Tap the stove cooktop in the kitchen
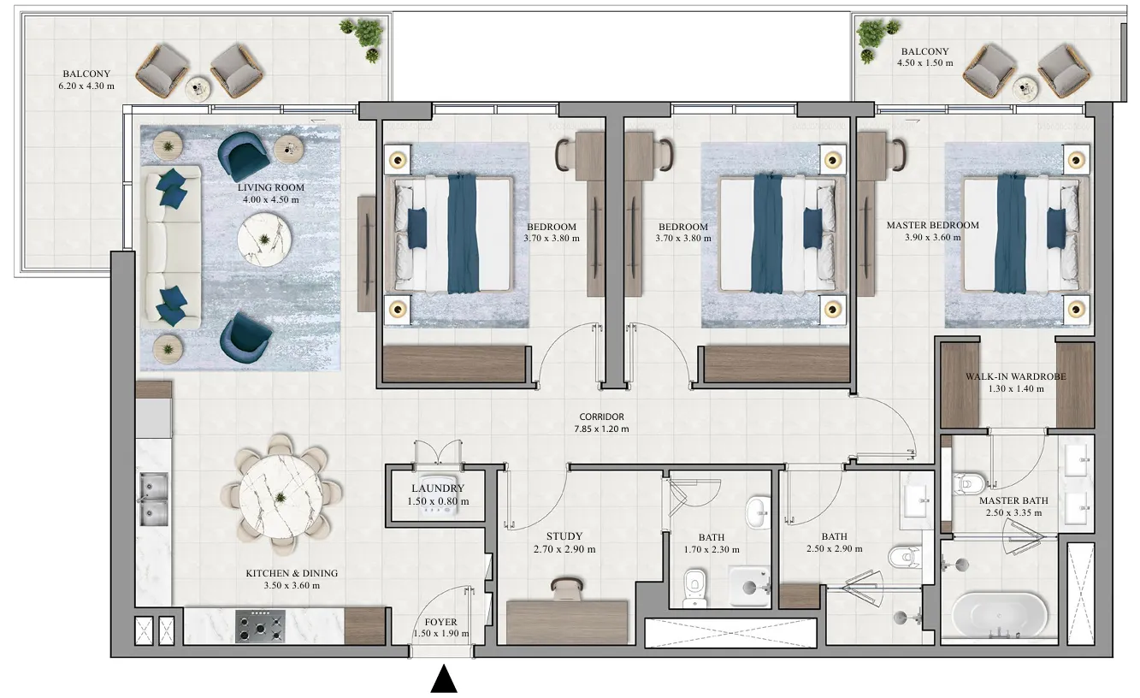pos(260,625)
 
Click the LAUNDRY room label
pos(437,488)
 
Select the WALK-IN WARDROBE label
pos(1016,376)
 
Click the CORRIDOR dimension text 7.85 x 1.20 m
pos(601,429)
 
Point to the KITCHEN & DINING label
pos(292,573)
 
